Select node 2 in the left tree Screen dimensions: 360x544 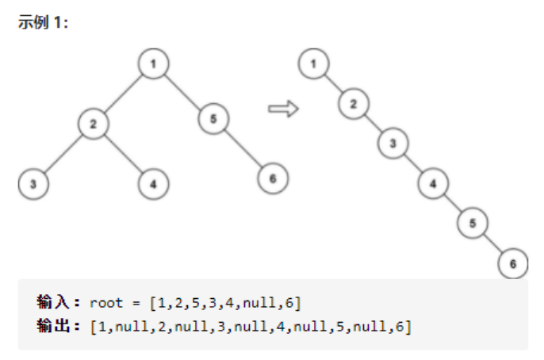(x=93, y=124)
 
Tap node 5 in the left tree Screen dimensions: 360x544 (x=214, y=120)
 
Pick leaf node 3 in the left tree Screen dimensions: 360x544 (x=33, y=183)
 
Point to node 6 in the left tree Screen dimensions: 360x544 (x=272, y=179)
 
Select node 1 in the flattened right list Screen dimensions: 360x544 (x=314, y=64)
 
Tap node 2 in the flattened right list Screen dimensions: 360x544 (x=354, y=103)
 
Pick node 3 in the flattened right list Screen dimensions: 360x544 (x=393, y=144)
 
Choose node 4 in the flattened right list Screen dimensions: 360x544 (x=433, y=183)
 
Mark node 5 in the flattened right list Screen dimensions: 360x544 (x=473, y=223)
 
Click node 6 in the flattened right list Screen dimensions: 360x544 (x=512, y=262)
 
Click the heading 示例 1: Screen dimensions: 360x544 (x=44, y=23)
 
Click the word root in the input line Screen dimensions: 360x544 (x=106, y=303)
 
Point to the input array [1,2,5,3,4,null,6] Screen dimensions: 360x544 (x=225, y=303)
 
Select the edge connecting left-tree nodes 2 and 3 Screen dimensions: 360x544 (x=63, y=153)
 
